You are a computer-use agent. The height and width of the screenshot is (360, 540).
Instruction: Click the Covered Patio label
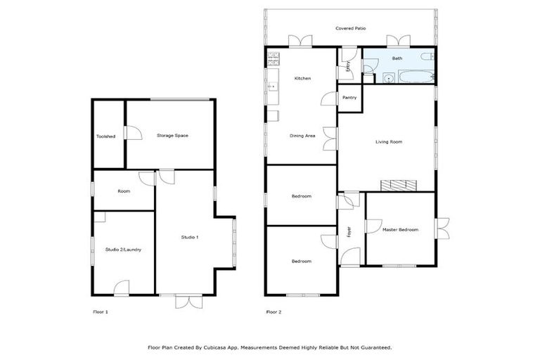click(x=350, y=28)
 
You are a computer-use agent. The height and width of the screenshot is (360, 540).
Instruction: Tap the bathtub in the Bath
click(x=411, y=78)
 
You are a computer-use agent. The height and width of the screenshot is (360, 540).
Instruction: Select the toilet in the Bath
click(x=426, y=56)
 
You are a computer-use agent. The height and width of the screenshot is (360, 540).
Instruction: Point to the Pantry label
click(x=349, y=98)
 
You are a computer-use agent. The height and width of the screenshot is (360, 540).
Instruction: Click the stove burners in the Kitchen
click(x=273, y=56)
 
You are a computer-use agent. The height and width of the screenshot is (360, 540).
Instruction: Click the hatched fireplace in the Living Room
click(x=399, y=185)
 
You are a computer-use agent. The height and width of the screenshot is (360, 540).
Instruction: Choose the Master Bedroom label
click(x=400, y=230)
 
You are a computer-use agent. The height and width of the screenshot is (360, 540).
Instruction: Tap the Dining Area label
click(x=302, y=136)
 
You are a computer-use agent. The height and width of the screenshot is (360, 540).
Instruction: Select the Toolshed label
click(x=106, y=136)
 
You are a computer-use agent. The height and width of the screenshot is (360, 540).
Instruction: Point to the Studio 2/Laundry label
click(x=123, y=250)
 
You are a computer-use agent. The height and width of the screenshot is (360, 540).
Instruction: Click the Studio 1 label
click(x=190, y=237)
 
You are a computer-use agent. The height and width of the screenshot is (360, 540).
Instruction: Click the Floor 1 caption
click(x=101, y=311)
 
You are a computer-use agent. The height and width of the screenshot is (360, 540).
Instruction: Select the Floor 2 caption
click(x=273, y=311)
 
